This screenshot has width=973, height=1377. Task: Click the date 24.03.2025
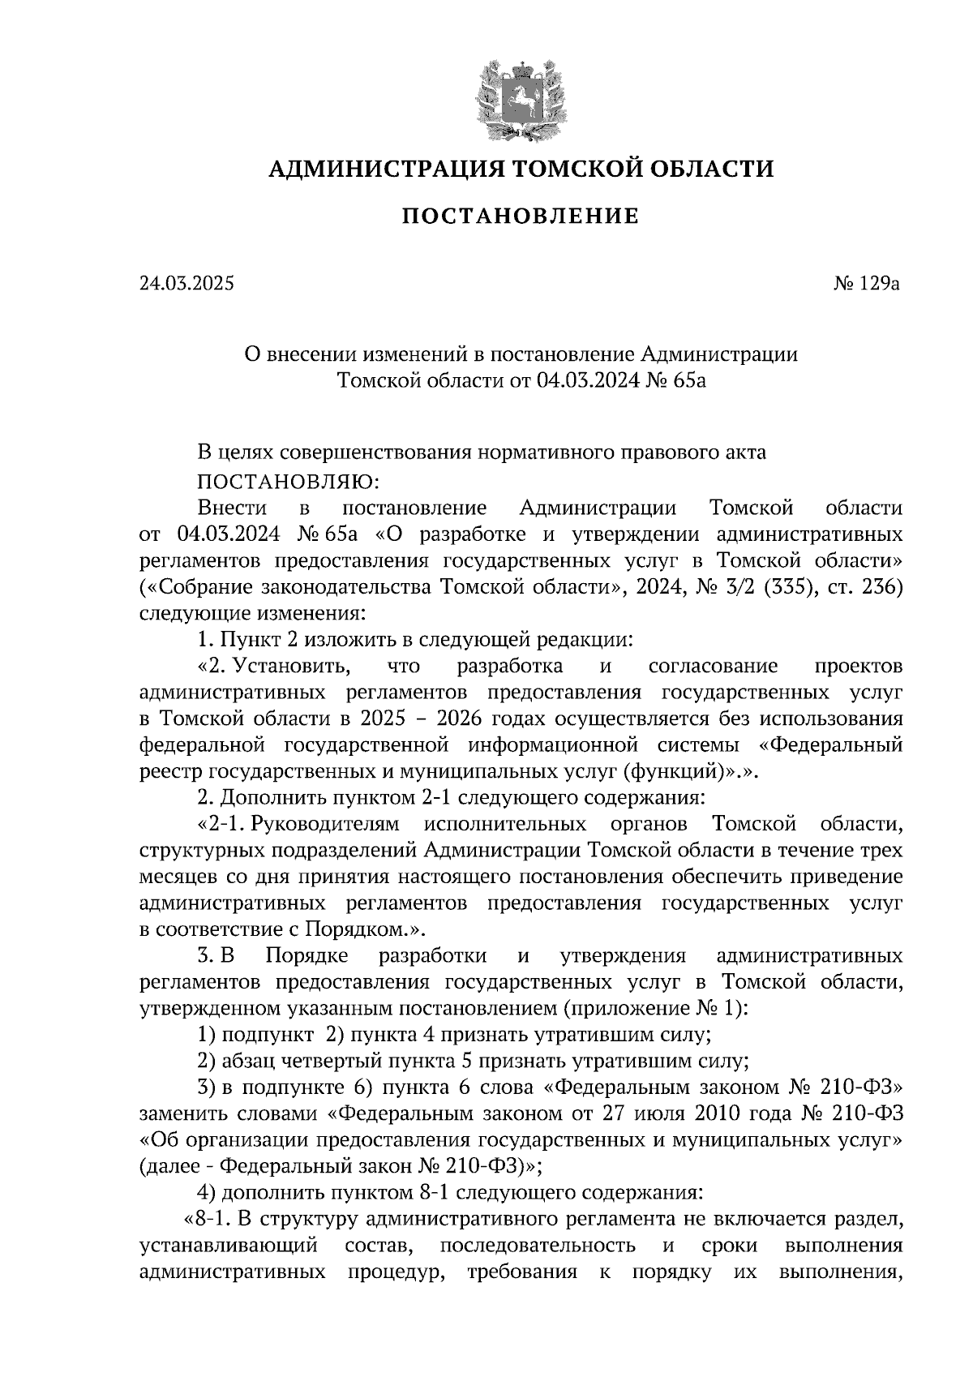click(186, 284)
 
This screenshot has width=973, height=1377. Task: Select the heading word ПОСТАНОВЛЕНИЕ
click(521, 217)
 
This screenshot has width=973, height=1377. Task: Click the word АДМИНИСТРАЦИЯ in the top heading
click(378, 169)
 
